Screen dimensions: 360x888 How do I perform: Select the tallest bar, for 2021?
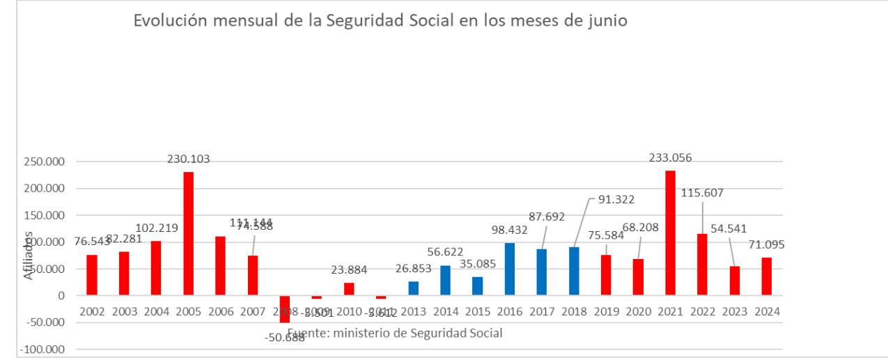coord(670,233)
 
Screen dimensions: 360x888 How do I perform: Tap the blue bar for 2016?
coord(510,269)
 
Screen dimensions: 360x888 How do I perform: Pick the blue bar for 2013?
coord(413,288)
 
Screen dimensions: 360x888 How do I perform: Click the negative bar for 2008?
coord(285,308)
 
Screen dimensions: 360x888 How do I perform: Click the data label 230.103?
coord(188,159)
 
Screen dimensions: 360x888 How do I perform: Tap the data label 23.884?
coord(349,269)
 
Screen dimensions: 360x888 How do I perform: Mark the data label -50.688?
coord(284,338)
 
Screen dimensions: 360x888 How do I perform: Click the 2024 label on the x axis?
coord(767,311)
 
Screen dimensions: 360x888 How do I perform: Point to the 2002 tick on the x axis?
coord(92,311)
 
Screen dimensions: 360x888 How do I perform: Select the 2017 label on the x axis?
coord(542,311)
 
